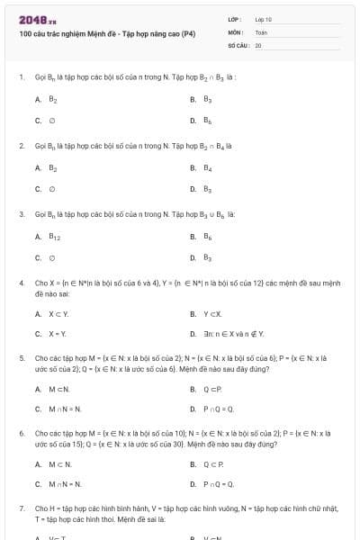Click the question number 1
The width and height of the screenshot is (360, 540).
[21, 78]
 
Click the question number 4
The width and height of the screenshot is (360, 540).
[21, 283]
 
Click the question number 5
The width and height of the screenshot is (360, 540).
[21, 358]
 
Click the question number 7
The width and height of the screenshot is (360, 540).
[21, 508]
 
